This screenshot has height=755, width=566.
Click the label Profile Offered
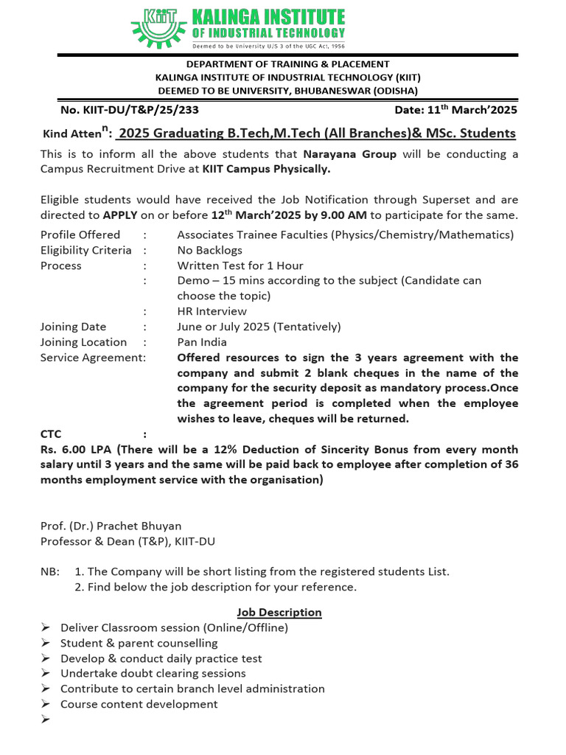pos(80,235)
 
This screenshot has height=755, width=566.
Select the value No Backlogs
pos(210,251)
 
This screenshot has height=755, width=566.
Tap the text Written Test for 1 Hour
pos(240,265)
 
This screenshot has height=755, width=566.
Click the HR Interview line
pos(212,312)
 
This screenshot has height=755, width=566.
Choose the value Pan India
pos(203,342)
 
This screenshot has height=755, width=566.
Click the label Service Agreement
pos(92,358)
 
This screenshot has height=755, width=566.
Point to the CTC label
pos(52,435)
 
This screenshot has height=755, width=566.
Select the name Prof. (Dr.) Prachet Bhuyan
pos(111,526)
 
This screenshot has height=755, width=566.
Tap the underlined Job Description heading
pos(279,613)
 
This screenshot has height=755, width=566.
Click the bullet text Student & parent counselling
pos(139,643)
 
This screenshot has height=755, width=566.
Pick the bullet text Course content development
pos(139,704)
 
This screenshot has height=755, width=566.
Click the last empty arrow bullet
pos(45,720)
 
